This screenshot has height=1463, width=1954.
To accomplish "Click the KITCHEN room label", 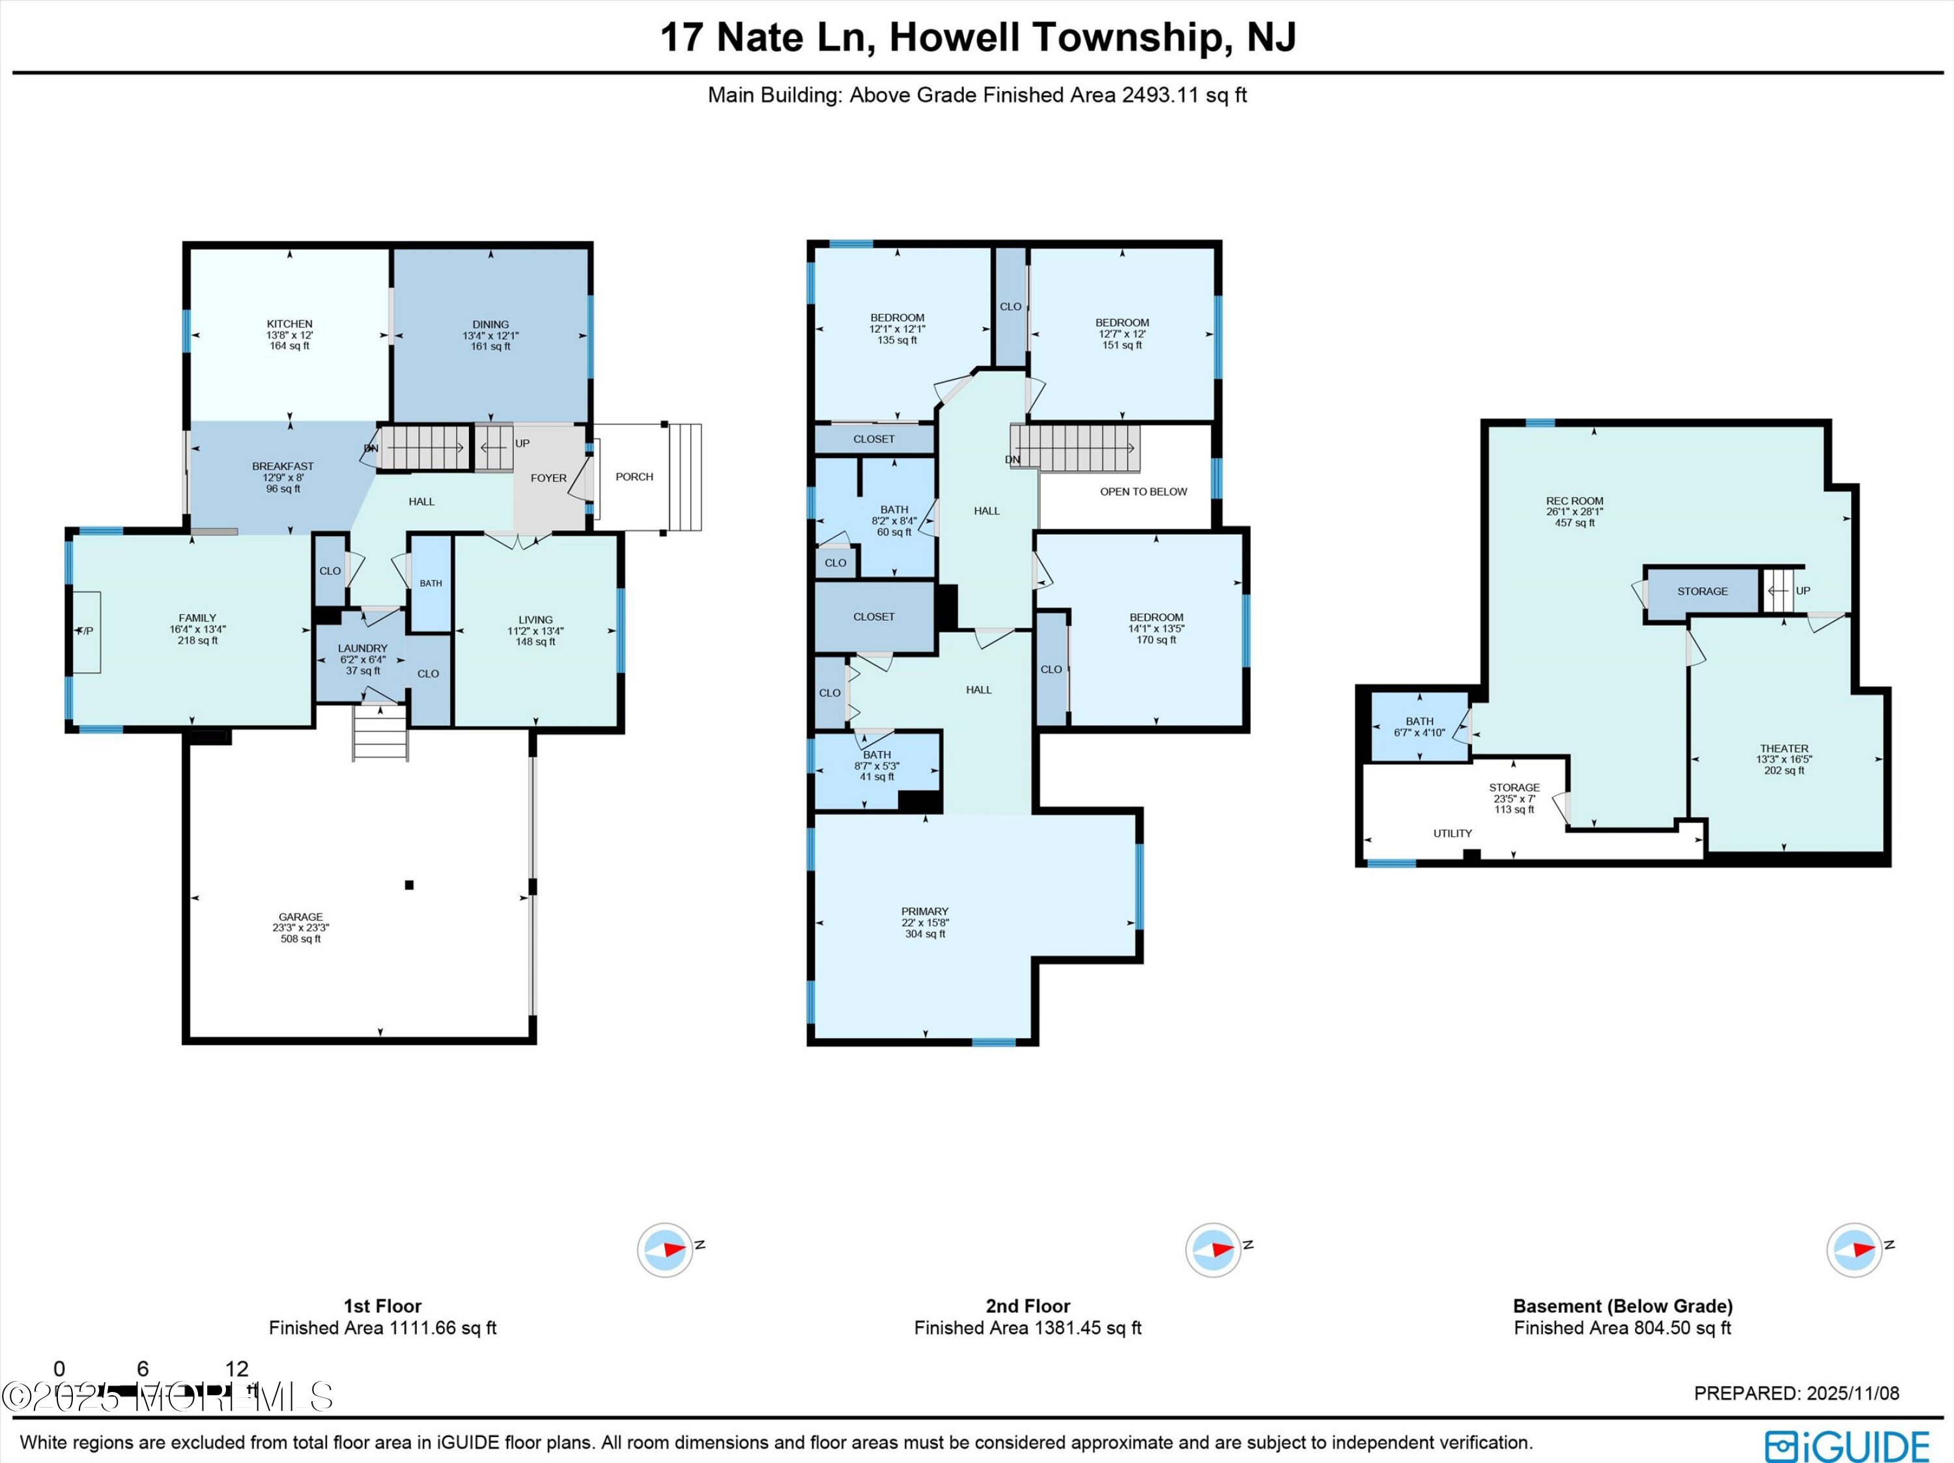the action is [290, 324].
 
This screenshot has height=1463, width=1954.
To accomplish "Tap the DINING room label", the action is [490, 324].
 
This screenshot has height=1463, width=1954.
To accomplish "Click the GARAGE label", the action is [300, 917].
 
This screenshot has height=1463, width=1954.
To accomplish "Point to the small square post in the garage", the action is [409, 885].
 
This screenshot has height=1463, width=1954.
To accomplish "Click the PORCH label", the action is [634, 477].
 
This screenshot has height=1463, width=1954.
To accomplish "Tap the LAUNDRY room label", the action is [362, 649].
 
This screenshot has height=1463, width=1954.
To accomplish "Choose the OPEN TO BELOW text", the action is [1143, 492].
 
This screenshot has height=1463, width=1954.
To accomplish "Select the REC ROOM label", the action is [1574, 501].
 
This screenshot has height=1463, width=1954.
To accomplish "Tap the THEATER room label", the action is [1783, 748].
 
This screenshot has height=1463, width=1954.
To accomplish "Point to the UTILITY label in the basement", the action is [1452, 833].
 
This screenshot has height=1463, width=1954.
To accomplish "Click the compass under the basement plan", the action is [1854, 1250].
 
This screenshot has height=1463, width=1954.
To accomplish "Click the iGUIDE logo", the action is [1847, 1446].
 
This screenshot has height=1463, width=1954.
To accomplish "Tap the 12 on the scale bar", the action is [236, 1369].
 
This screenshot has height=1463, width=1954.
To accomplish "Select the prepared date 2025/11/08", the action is [1852, 1393].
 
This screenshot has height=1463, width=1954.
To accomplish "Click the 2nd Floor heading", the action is [1027, 1306].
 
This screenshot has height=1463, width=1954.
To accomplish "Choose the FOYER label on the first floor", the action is [548, 478].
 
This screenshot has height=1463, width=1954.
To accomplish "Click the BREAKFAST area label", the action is [283, 466].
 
